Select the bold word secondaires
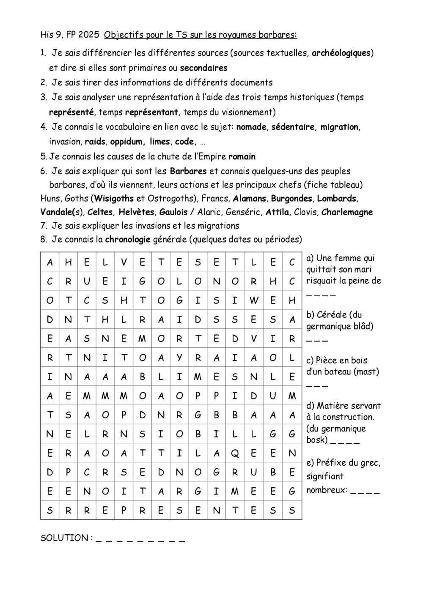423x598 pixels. (x=203, y=68)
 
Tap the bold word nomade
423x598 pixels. (x=251, y=127)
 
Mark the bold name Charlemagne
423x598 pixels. (x=347, y=212)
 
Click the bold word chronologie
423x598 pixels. (x=128, y=240)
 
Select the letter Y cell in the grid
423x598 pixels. (x=179, y=358)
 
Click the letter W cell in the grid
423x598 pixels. (x=253, y=300)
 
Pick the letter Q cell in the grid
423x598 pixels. (x=235, y=453)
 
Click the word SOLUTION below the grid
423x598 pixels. (x=64, y=538)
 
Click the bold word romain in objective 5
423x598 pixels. (x=242, y=157)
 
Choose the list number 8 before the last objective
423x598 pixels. (x=43, y=240)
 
